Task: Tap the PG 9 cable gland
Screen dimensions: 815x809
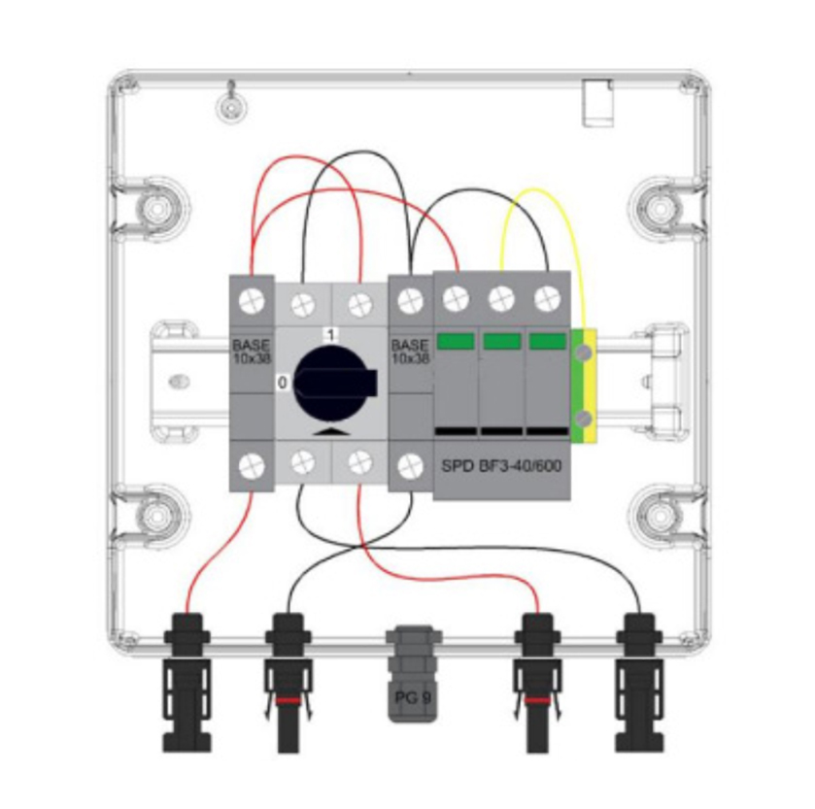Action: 413,674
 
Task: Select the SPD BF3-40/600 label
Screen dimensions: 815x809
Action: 501,466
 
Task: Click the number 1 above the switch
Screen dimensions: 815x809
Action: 330,334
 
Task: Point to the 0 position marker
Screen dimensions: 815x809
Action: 283,383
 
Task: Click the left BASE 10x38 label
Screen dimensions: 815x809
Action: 252,352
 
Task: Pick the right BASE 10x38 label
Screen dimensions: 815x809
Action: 411,352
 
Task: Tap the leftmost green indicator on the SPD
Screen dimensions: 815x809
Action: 456,341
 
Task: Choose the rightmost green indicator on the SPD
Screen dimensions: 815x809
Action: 547,341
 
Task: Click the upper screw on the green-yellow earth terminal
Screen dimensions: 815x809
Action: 585,353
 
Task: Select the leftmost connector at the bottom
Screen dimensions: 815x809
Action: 187,683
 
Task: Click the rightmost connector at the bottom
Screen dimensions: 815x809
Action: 639,683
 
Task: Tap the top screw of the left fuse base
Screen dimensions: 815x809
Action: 253,301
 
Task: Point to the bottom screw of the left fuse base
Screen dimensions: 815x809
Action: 253,466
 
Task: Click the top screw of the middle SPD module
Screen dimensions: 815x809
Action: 501,299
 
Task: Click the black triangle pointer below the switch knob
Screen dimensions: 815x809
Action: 331,432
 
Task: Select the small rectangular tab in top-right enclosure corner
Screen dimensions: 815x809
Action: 597,103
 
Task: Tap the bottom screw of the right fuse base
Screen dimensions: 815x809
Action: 411,466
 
